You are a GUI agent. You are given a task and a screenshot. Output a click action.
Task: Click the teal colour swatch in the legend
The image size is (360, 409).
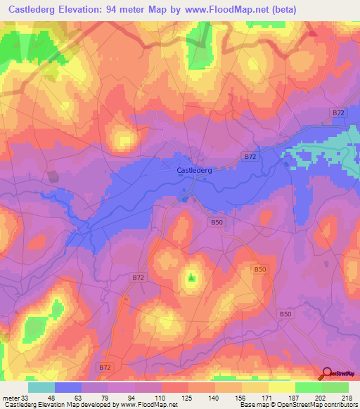tap(41, 387)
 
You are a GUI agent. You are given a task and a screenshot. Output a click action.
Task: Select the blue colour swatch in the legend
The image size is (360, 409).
tap(69, 387)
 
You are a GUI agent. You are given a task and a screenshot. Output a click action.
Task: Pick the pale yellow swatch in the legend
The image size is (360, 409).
tap(281, 387)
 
